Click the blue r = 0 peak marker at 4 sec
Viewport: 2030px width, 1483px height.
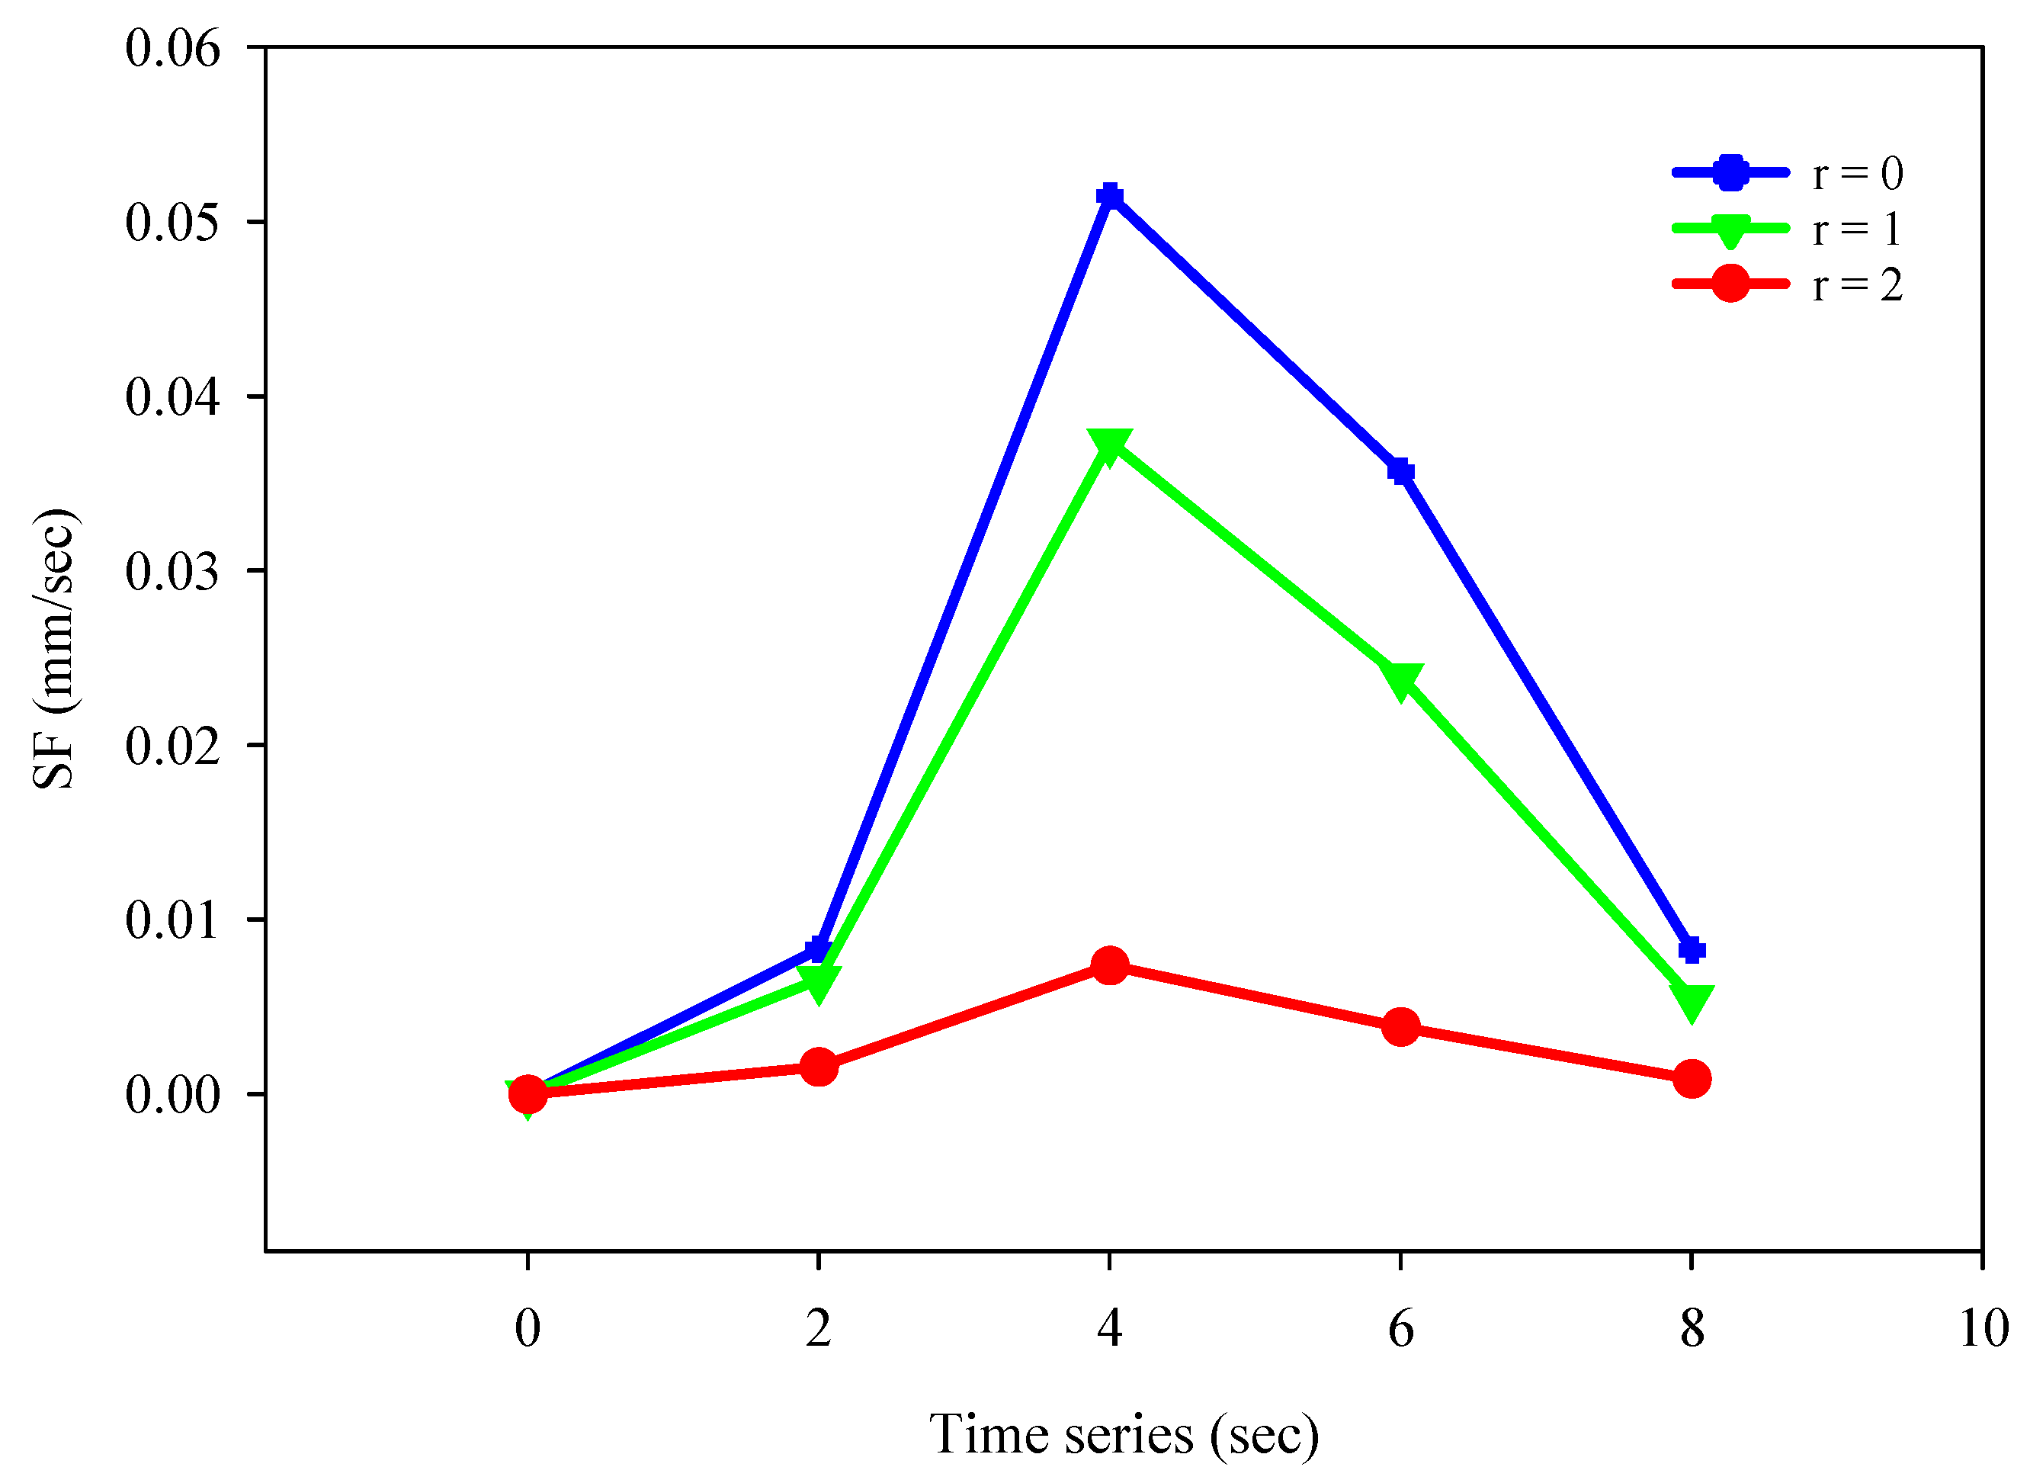click(1110, 196)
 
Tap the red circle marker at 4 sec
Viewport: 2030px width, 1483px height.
click(1110, 965)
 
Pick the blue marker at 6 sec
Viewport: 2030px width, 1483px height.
click(1401, 470)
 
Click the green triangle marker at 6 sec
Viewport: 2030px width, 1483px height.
click(1401, 680)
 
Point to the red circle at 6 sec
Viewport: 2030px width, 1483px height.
click(1401, 1026)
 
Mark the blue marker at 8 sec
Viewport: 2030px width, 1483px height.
click(1692, 950)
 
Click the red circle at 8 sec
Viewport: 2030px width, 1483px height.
click(1692, 1078)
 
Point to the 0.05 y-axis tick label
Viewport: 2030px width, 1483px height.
click(172, 223)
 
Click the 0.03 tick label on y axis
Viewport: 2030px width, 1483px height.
click(172, 571)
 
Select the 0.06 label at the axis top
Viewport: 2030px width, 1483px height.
click(172, 49)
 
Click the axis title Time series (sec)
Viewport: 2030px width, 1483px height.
click(1124, 1434)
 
